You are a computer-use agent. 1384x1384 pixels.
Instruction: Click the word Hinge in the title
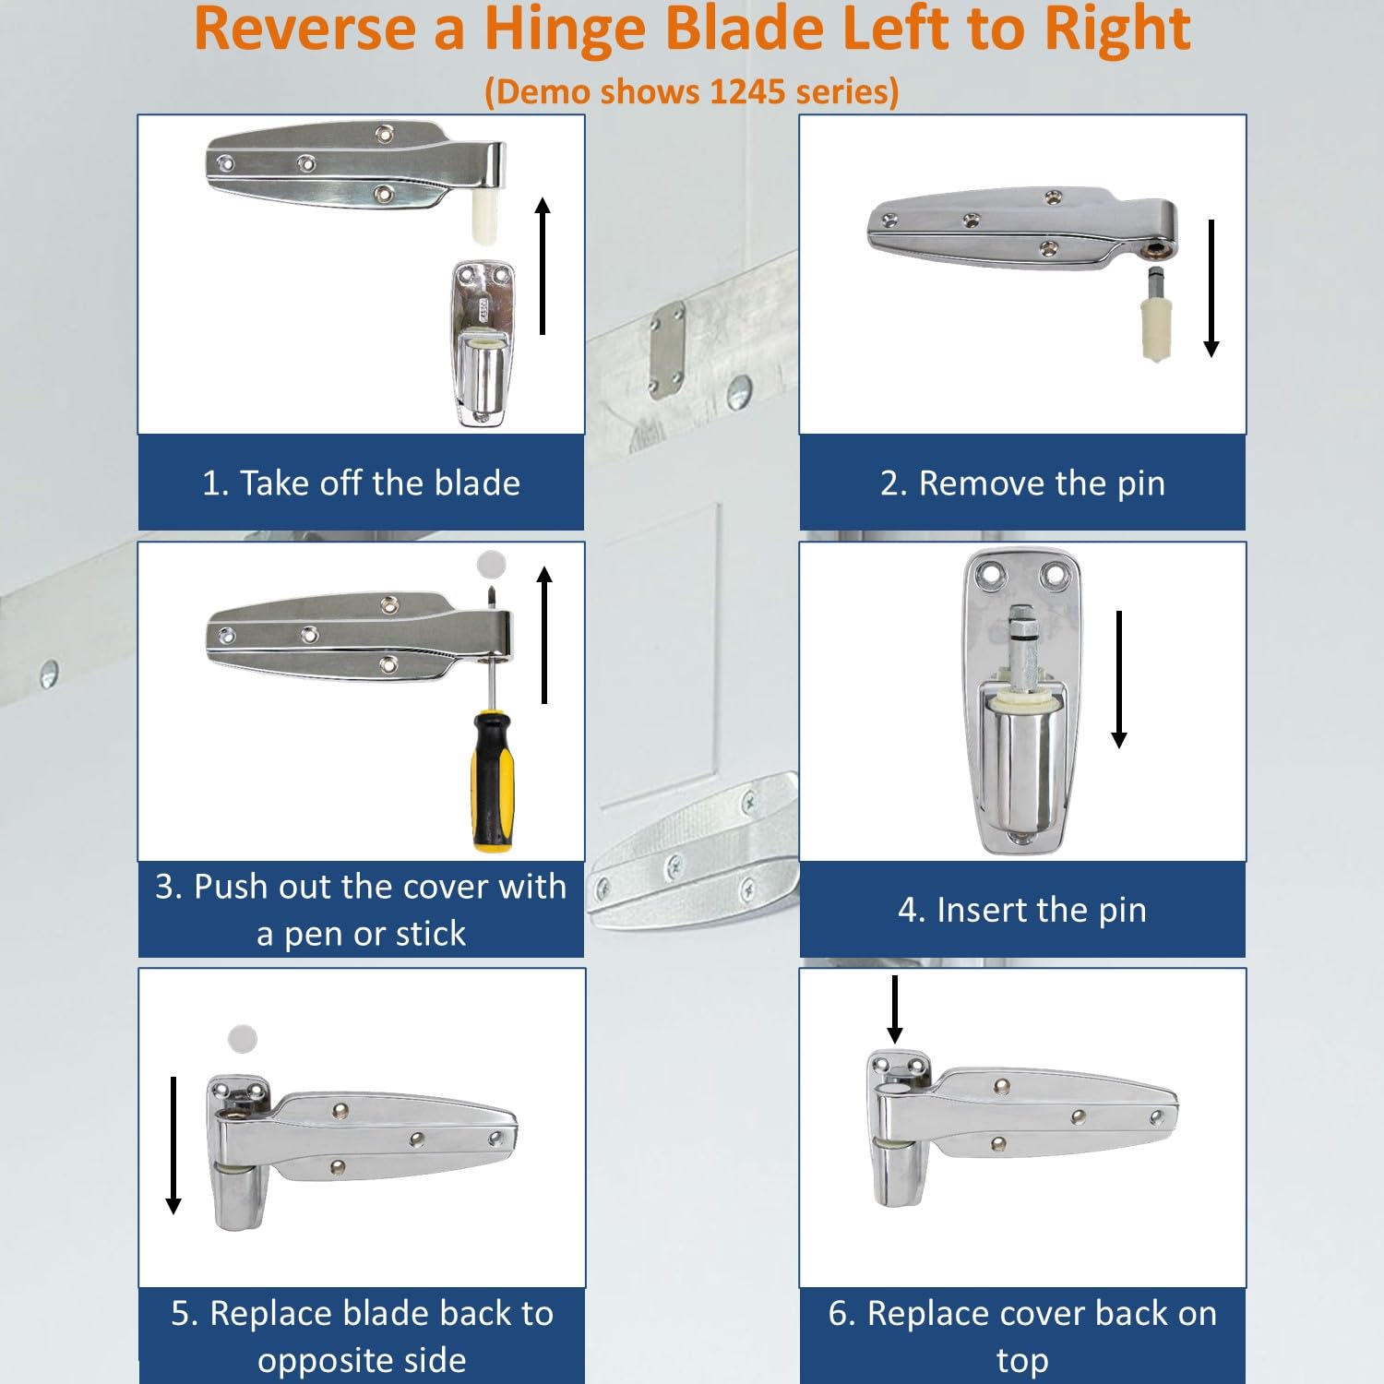tap(565, 30)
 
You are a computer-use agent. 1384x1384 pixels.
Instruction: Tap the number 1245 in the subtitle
tap(746, 91)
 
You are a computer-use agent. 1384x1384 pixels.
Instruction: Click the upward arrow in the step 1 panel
tap(543, 266)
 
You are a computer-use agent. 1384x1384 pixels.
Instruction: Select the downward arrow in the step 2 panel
tap(1211, 288)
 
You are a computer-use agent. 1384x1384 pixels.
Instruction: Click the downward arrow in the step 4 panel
tap(1119, 679)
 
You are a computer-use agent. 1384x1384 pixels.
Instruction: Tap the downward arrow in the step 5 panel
tap(173, 1145)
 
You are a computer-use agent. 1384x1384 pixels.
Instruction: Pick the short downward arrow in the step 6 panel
tap(894, 1008)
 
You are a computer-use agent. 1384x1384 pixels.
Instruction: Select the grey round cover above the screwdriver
tap(492, 563)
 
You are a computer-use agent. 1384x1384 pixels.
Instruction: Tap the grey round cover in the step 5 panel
tap(243, 1039)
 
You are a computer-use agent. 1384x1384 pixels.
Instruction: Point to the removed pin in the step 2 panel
tap(1156, 318)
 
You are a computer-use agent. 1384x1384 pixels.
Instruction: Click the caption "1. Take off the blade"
tap(361, 483)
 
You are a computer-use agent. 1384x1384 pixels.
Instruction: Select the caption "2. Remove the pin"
tap(1022, 483)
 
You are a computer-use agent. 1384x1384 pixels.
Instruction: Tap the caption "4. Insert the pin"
tap(1022, 910)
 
